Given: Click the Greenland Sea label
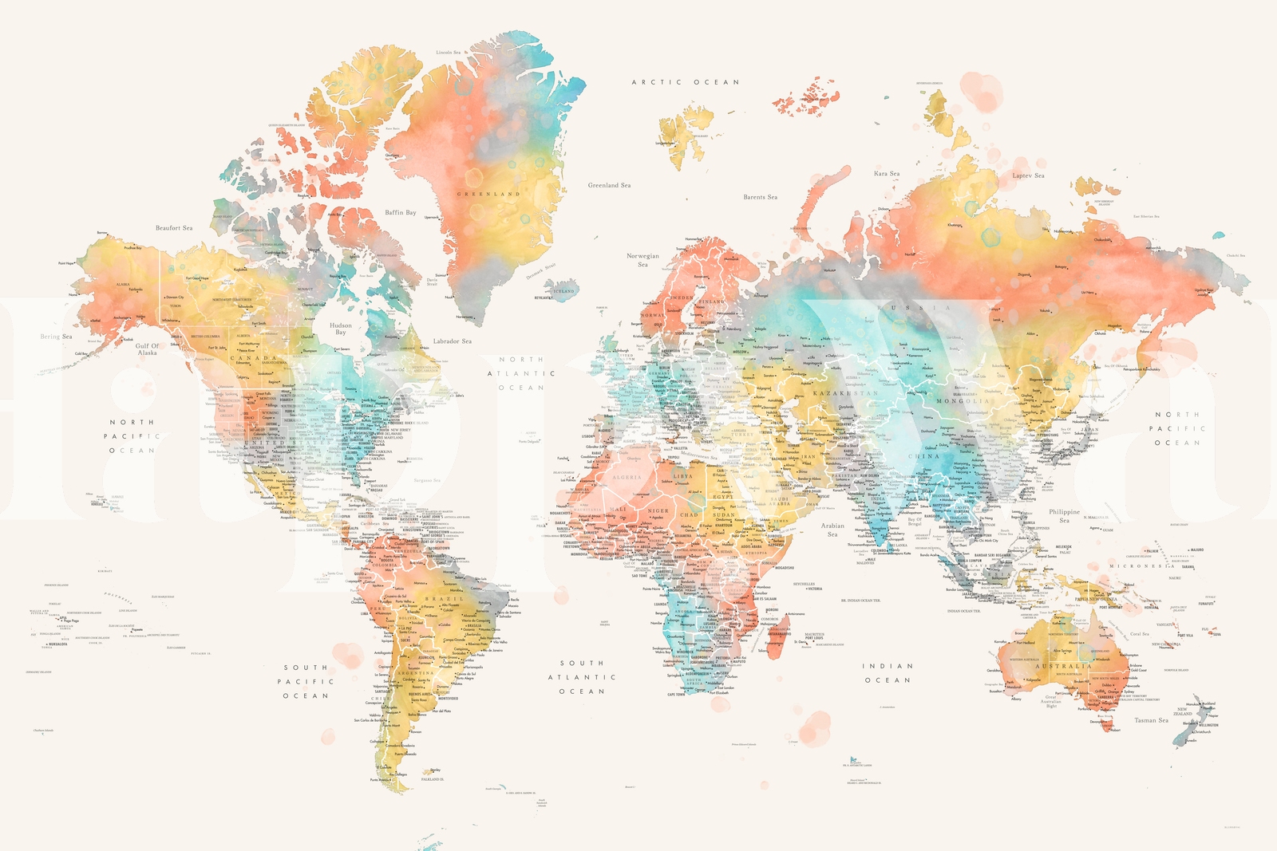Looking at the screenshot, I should pos(609,185).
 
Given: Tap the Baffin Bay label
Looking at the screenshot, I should pos(400,212).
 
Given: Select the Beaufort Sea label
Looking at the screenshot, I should pos(173,228).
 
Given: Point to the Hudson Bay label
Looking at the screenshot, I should pos(341,329).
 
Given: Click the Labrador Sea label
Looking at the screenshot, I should pos(452,341).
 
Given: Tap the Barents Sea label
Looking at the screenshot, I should pos(760,197).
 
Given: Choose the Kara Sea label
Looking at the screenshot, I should pos(886,173).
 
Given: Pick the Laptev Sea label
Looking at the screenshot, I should pos(1028,175).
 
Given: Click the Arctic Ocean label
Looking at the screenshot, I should pos(686,82).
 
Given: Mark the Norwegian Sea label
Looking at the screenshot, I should pos(642,260).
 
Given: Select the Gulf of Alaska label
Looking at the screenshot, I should pos(148,349).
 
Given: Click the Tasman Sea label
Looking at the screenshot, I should pos(1151,720).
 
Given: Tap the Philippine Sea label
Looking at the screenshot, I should pos(1064,516).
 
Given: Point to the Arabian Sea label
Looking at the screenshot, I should pos(832,530).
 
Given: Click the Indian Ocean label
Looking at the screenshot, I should pos(887,673).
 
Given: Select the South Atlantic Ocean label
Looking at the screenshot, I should pos(582,677).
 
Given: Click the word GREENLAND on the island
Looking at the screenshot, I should pos(488,194).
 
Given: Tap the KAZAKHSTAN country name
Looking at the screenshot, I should pos(844,393).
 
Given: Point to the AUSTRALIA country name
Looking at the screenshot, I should pos(1063,666).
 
